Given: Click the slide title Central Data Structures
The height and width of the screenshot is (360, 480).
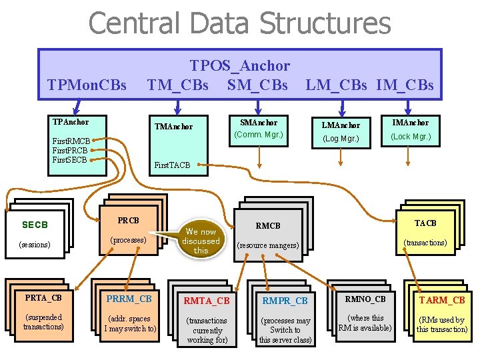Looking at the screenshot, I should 239,23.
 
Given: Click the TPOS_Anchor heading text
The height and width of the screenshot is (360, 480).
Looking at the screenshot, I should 240,65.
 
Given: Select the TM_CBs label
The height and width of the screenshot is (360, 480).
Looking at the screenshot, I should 177,85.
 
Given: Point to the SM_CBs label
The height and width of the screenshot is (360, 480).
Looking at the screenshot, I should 257,85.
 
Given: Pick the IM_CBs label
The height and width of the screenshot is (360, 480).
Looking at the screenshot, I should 405,85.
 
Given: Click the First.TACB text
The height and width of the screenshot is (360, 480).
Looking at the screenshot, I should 172,165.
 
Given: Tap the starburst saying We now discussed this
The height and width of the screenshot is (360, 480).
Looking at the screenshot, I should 201,241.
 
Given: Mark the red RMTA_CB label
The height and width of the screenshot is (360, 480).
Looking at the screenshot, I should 207,301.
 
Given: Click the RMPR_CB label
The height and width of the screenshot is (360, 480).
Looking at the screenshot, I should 285,301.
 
